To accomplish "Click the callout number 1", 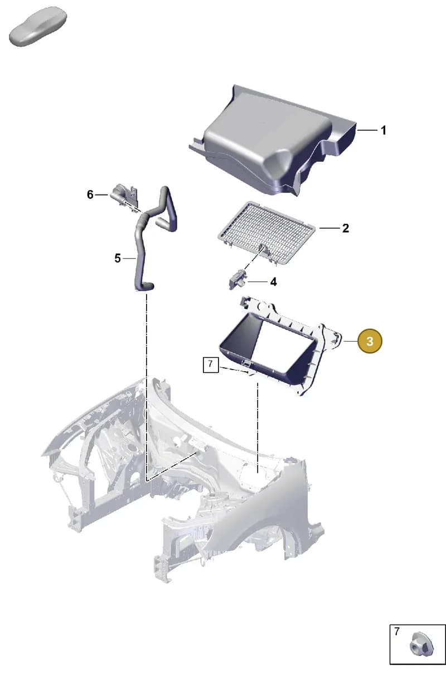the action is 384,131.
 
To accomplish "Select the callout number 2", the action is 346,228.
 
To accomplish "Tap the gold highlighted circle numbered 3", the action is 370,341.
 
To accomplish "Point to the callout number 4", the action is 273,282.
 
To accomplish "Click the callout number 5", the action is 118,258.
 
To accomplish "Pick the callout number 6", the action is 90,195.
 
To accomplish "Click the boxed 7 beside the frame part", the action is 211,365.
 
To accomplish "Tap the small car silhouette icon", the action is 38,26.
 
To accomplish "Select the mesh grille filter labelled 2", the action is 266,233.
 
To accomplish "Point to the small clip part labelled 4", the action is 238,280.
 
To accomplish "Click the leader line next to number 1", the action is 367,130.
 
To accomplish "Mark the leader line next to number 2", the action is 329,228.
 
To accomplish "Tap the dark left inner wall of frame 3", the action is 241,333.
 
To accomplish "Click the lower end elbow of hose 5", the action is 145,286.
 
